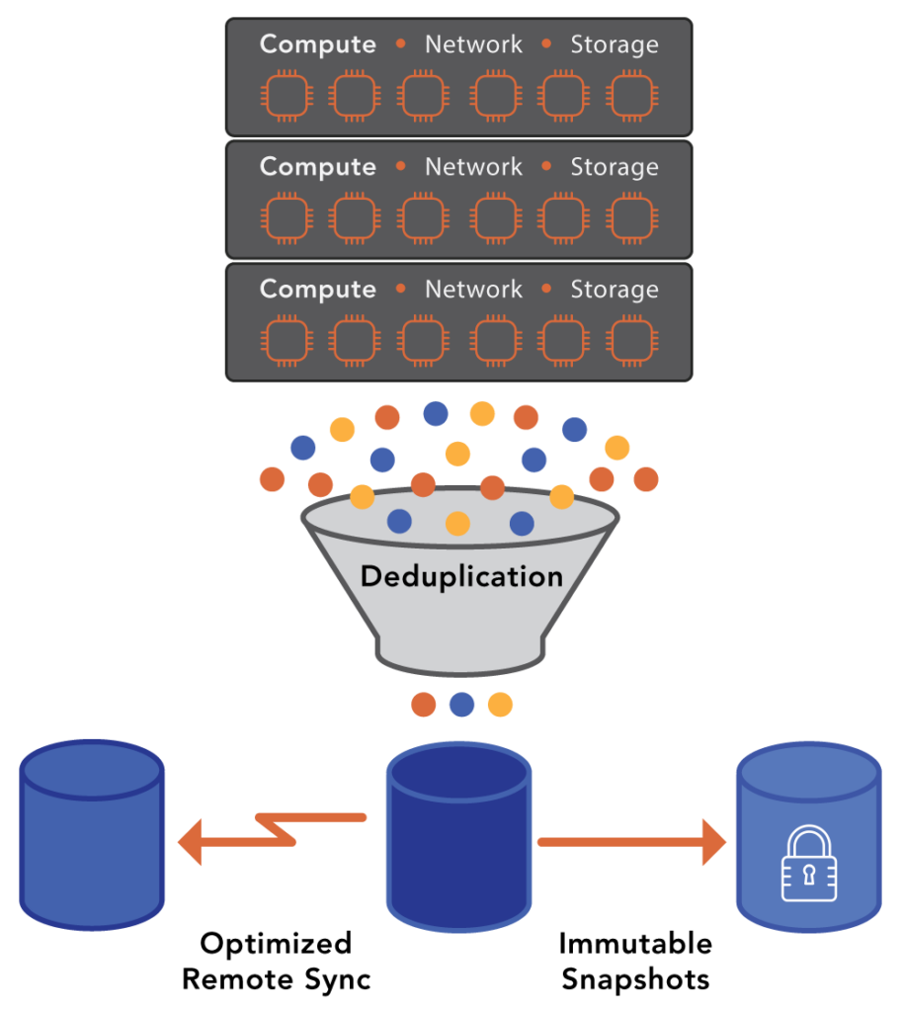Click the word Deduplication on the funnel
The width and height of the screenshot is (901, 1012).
click(x=461, y=576)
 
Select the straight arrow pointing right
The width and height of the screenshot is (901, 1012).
click(x=631, y=842)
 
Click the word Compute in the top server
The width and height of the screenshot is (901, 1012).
click(x=317, y=44)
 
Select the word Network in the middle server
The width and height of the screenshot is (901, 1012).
click(x=473, y=167)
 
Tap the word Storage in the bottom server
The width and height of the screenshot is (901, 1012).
click(x=614, y=290)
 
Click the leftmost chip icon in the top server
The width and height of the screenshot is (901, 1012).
click(x=286, y=97)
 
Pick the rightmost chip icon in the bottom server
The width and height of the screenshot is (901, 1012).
click(x=631, y=342)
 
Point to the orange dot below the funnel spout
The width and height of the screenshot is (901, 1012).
click(x=424, y=705)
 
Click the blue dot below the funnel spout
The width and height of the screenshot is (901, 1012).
click(x=461, y=705)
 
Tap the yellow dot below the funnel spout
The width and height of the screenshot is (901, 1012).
click(x=500, y=705)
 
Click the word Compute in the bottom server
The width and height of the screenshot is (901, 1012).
click(x=317, y=290)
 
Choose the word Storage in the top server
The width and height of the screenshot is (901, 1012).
click(x=614, y=44)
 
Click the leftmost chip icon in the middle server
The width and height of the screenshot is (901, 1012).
click(x=286, y=219)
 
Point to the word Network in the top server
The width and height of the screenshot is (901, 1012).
click(x=473, y=44)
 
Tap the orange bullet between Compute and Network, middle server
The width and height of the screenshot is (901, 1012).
click(x=400, y=167)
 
